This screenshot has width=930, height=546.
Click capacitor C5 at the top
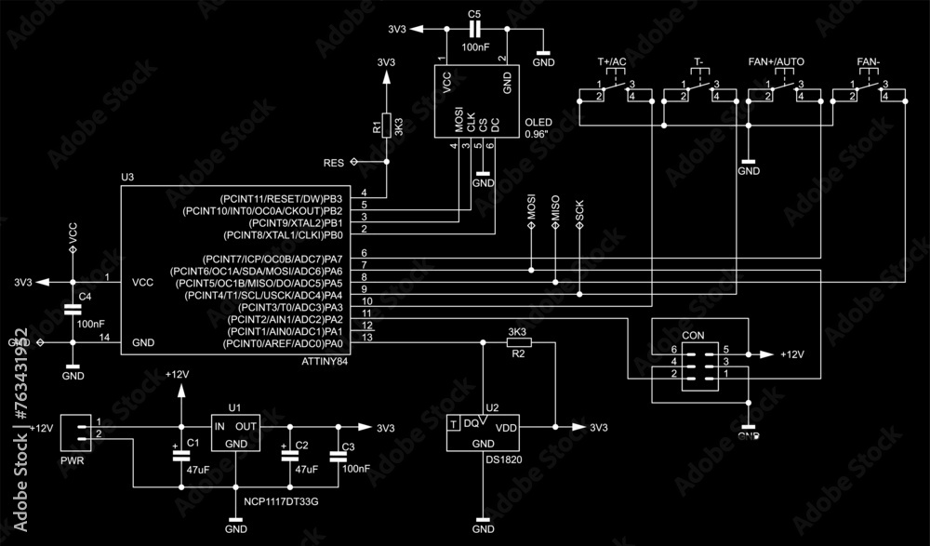pyautogui.click(x=474, y=30)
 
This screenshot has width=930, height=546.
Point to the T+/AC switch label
pyautogui.click(x=611, y=61)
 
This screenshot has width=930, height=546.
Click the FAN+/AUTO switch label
pyautogui.click(x=777, y=61)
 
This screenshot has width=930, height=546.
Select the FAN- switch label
pyautogui.click(x=868, y=61)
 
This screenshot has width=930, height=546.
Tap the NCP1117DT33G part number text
pyautogui.click(x=281, y=501)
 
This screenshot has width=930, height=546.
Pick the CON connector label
pyautogui.click(x=693, y=335)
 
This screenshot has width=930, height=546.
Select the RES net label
pyautogui.click(x=334, y=163)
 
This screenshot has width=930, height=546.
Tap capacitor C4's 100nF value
pyautogui.click(x=90, y=324)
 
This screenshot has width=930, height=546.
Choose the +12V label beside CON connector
pyautogui.click(x=793, y=354)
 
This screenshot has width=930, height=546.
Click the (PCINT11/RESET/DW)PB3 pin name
pyautogui.click(x=280, y=199)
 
